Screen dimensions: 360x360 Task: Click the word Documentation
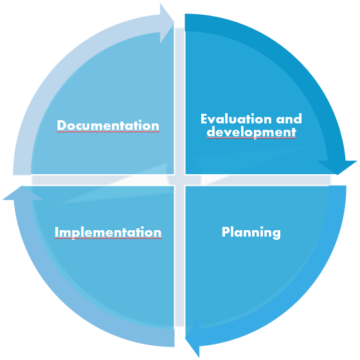tap(108, 125)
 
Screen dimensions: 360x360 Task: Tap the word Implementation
tap(108, 232)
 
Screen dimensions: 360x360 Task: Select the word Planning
tap(251, 233)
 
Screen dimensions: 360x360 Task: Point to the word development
tap(251, 132)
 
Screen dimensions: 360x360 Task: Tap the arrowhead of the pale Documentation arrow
tap(167, 23)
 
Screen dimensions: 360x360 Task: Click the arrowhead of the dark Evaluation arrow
tap(337, 168)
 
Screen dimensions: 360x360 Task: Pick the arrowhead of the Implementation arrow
tap(22, 193)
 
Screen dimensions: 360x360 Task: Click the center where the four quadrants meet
tap(180, 180)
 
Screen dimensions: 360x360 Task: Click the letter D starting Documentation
tap(61, 125)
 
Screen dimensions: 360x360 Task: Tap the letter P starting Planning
tap(226, 232)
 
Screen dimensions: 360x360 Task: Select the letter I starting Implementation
tap(56, 232)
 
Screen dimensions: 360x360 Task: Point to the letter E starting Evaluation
tap(204, 119)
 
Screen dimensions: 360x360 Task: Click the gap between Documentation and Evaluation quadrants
tap(180, 101)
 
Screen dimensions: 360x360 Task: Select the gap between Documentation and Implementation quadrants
tap(103, 180)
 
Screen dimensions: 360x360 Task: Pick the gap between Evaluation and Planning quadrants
tap(258, 180)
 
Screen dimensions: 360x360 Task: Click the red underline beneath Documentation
tap(108, 132)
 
